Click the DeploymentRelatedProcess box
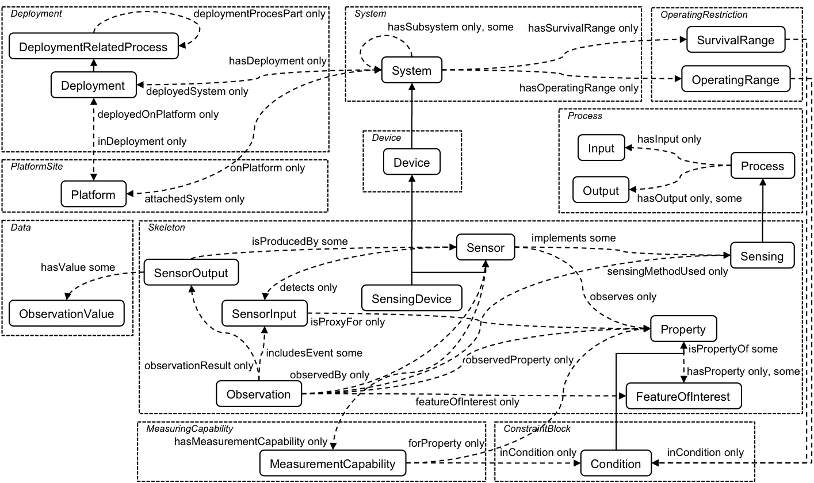coord(93,47)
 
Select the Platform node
coord(93,194)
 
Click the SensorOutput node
coord(190,274)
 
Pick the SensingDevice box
coord(412,298)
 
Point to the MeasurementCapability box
coord(333,463)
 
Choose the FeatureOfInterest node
coord(682,396)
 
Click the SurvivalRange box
coord(735,40)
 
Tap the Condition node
coord(615,463)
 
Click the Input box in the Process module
coord(601,148)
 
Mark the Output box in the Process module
coord(601,191)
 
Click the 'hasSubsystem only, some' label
coord(450,27)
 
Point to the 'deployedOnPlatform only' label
coord(158,114)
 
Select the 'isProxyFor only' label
coord(347,322)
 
